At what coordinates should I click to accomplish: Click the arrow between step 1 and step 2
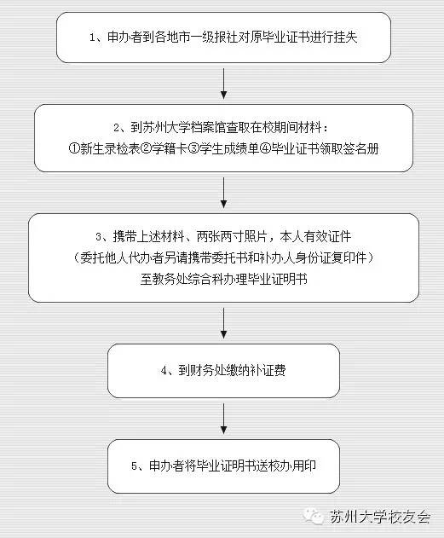click(x=223, y=84)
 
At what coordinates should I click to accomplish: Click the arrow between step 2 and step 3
click(x=223, y=193)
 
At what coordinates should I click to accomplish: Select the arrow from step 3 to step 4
click(x=223, y=323)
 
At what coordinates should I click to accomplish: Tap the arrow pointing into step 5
click(x=223, y=419)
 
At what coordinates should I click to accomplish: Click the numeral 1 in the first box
click(x=92, y=38)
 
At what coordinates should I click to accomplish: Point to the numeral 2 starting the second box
click(x=116, y=129)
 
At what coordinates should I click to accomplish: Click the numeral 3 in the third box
click(x=98, y=237)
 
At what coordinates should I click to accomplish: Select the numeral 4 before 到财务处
click(x=164, y=371)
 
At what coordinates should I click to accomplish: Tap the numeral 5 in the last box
click(x=134, y=466)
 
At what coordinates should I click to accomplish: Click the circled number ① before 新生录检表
click(x=74, y=149)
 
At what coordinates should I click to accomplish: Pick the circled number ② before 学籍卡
click(x=147, y=149)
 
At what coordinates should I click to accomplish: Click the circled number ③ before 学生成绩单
click(x=194, y=149)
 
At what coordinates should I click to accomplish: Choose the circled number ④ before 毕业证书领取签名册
click(x=266, y=149)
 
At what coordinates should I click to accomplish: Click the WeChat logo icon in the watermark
click(x=314, y=517)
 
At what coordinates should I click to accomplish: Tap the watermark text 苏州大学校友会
click(x=380, y=517)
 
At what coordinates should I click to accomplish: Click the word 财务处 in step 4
click(x=208, y=371)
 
